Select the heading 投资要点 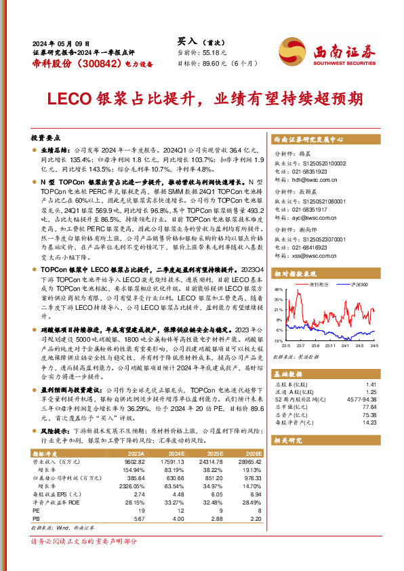tap(45, 136)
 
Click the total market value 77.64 tap(369, 408)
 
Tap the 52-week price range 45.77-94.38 tap(361, 400)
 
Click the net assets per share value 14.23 tap(369, 422)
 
